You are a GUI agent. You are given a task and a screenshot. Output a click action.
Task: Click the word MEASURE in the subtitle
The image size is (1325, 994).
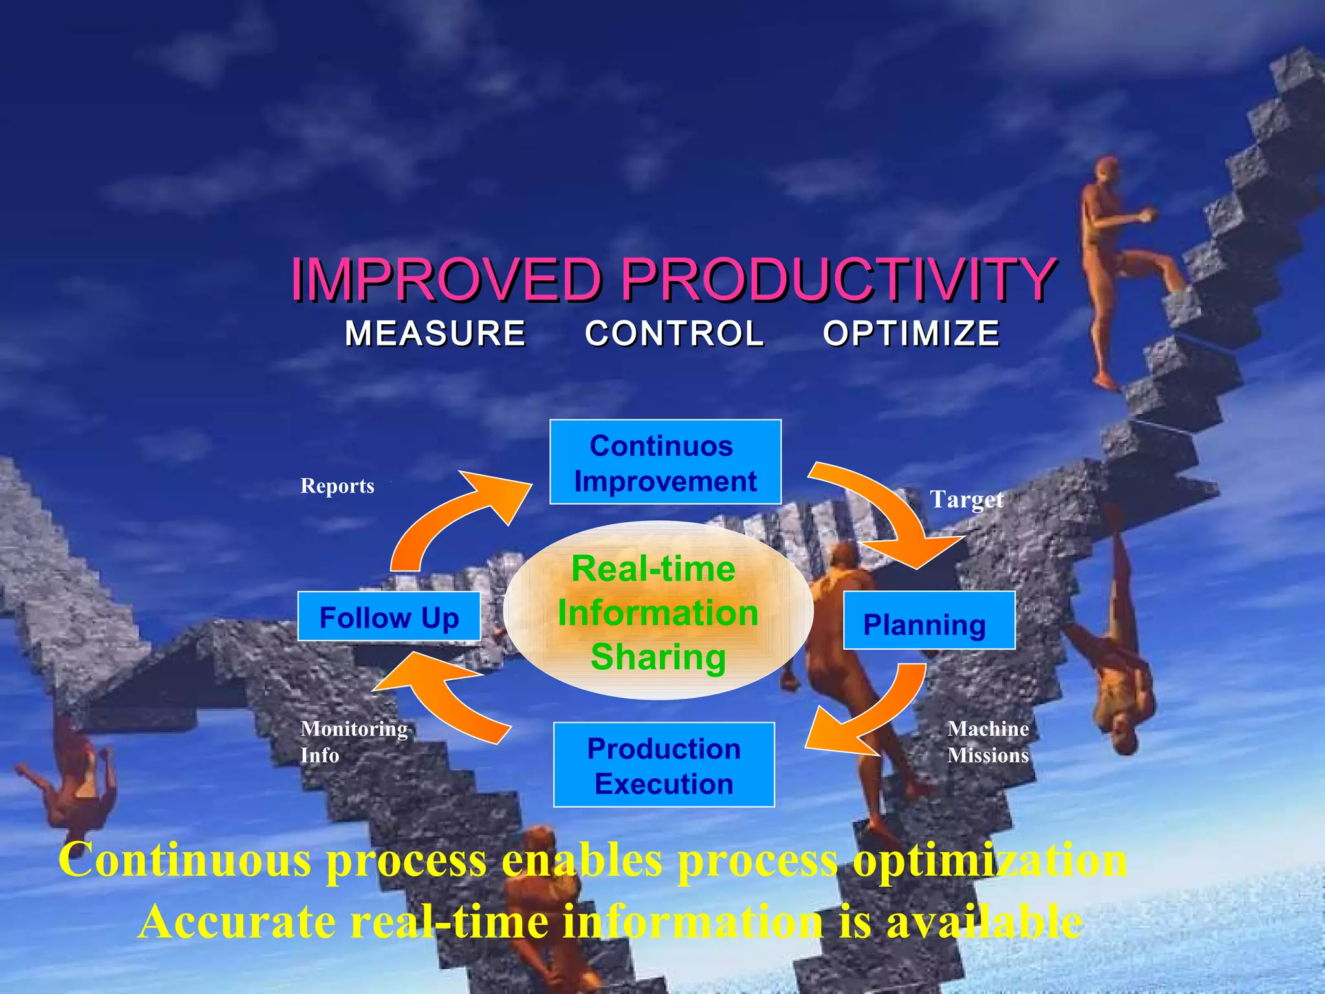pos(435,334)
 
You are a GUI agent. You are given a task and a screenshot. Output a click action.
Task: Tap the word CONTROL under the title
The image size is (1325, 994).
pos(674,334)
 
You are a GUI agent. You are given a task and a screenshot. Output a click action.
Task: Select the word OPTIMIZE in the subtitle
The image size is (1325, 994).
pos(911,334)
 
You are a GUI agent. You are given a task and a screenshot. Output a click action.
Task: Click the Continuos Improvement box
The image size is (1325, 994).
pos(665,462)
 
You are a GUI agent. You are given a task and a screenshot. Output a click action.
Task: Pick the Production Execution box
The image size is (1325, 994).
pos(664,765)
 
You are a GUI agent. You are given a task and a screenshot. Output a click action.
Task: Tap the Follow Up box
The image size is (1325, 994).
pos(389,617)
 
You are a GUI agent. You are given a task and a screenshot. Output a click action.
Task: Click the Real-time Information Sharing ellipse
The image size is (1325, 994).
pos(657,611)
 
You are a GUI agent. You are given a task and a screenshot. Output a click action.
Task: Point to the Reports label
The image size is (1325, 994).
pos(337,486)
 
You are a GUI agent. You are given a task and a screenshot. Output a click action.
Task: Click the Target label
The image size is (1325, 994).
pos(966,500)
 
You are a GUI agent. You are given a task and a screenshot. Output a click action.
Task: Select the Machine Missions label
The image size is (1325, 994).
pos(988,742)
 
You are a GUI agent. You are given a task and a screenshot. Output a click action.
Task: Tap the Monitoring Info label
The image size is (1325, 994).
pos(353,742)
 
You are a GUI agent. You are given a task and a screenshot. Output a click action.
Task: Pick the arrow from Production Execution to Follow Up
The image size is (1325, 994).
pos(440,699)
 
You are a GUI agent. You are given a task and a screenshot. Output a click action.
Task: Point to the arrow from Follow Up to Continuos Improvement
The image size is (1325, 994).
pos(453,518)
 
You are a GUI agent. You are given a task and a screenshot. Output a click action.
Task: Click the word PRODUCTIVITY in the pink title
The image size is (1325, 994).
pos(838,280)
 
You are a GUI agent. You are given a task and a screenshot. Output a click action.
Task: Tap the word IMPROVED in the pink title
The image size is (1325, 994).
pos(446,280)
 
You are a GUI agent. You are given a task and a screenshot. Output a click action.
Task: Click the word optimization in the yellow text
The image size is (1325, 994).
pos(990,861)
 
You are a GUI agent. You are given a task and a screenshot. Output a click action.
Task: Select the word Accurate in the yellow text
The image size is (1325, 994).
pos(237,922)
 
